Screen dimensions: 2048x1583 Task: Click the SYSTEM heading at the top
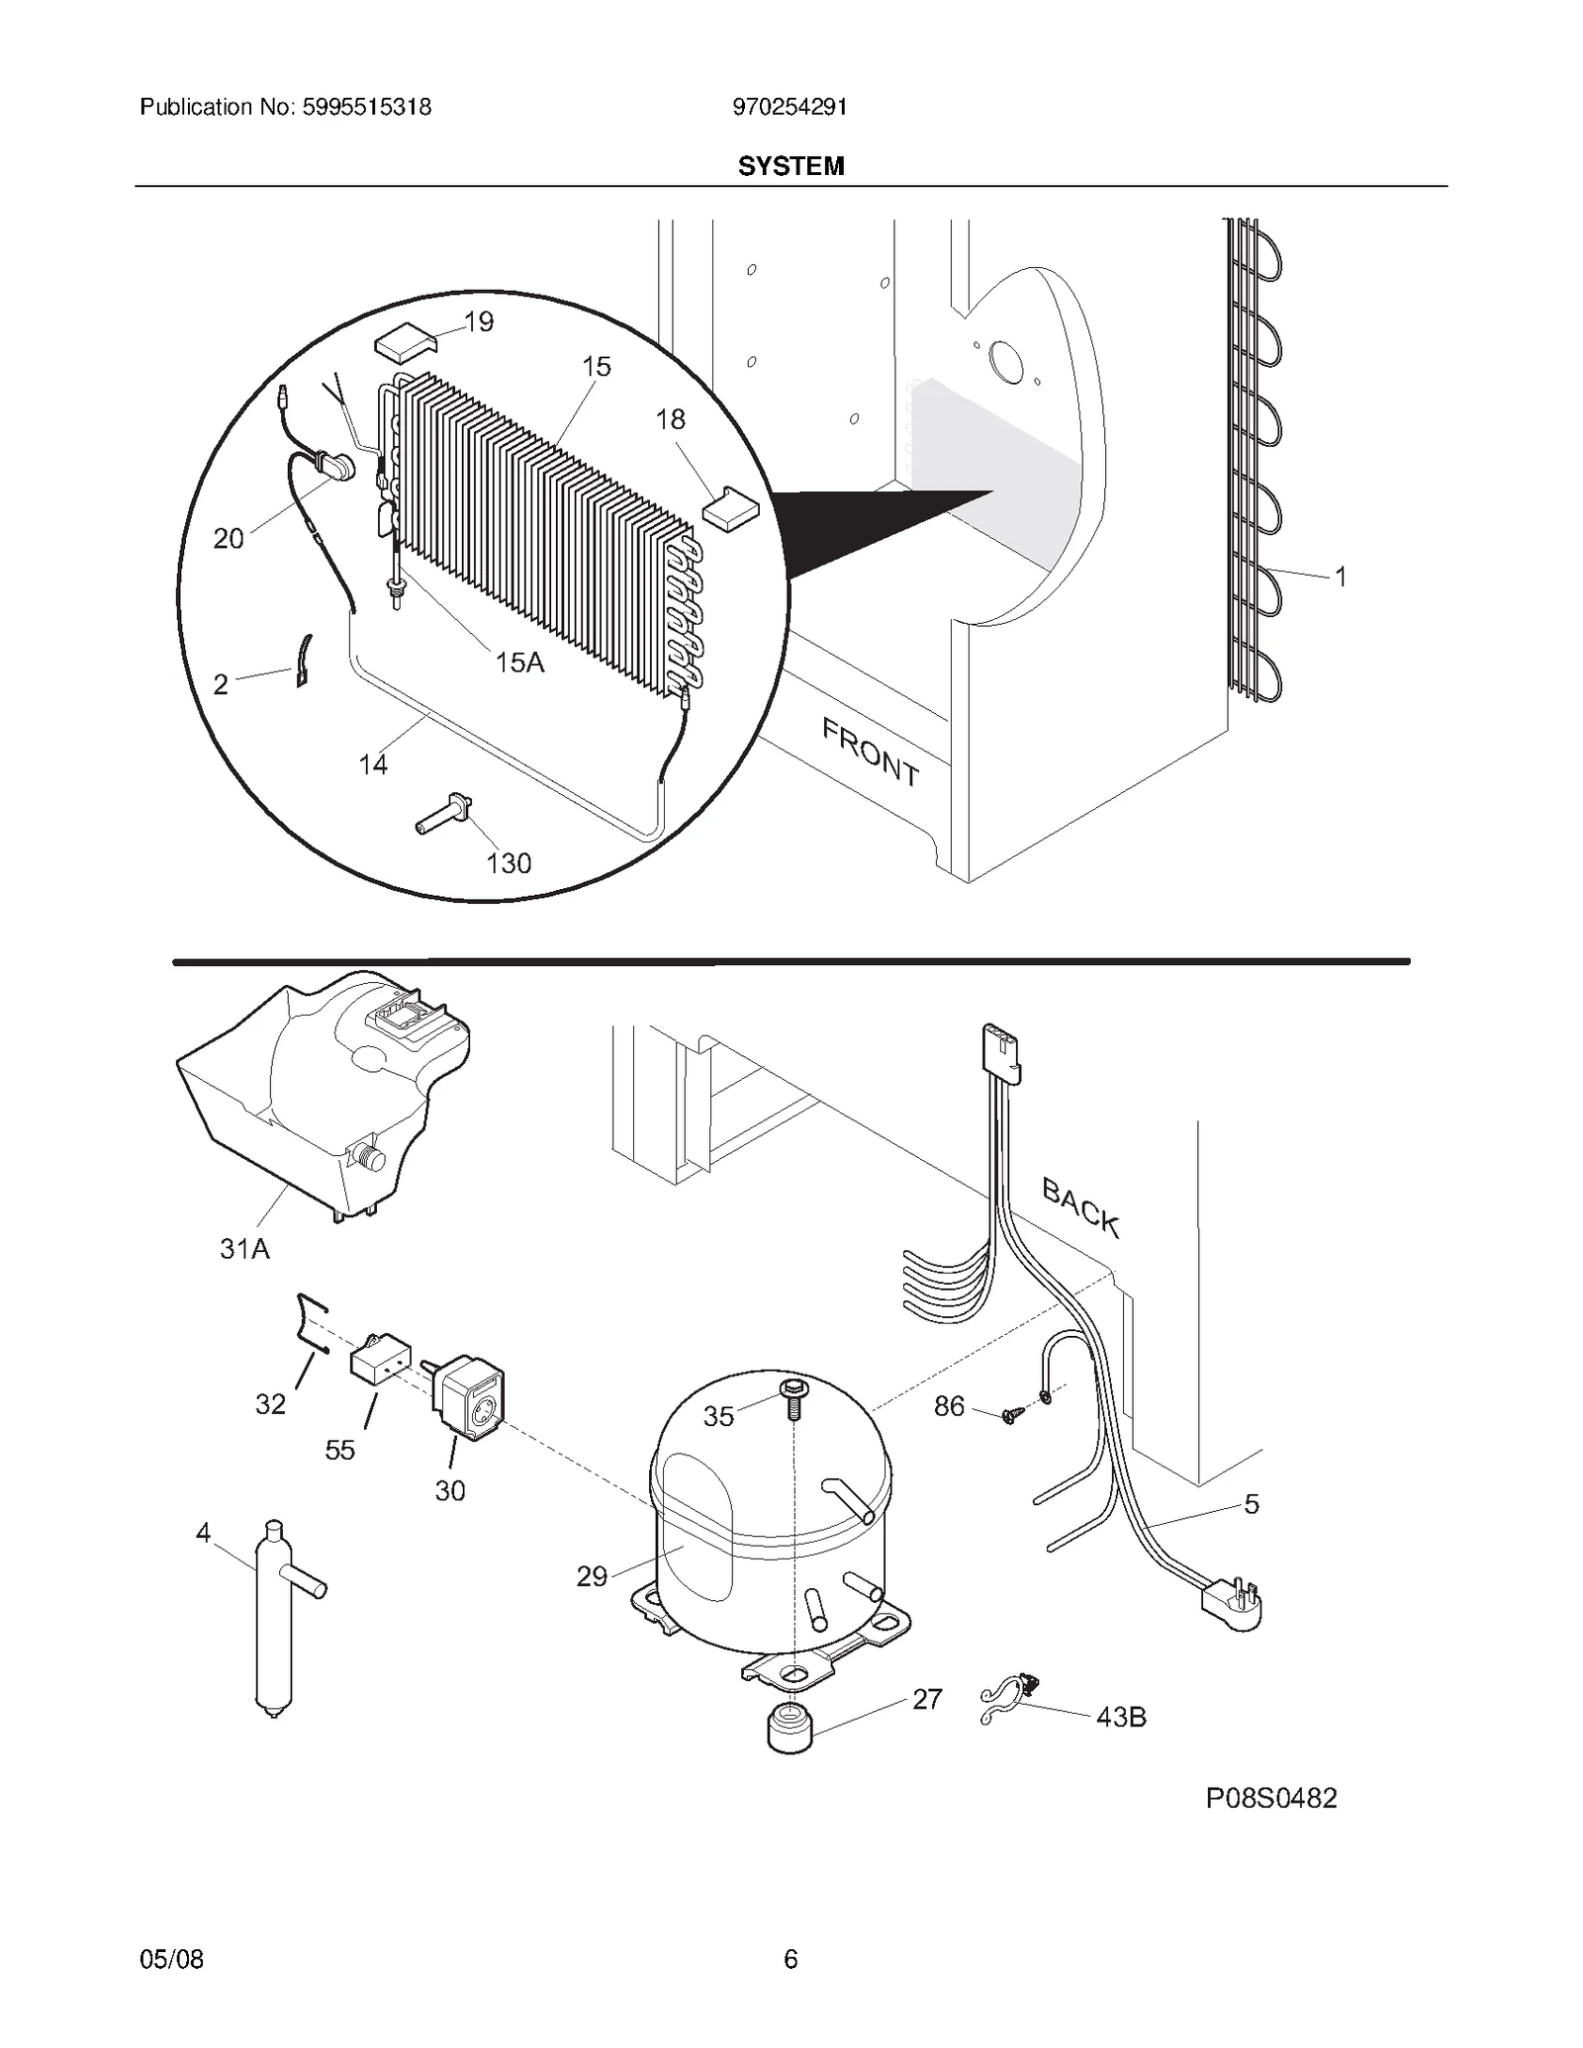click(x=791, y=166)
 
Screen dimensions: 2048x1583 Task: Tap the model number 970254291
click(x=790, y=107)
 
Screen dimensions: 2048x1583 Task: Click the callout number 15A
click(x=520, y=663)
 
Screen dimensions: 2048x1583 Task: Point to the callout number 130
click(x=509, y=863)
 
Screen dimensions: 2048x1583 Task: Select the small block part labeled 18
click(x=729, y=506)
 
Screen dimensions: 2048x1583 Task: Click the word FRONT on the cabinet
click(x=871, y=753)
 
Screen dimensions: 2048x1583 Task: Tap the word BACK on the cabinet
click(x=1080, y=1207)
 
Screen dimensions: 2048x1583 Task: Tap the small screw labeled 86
click(x=1010, y=1415)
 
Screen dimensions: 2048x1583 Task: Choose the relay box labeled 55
click(x=380, y=1366)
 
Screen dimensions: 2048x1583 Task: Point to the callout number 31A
click(x=244, y=1249)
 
